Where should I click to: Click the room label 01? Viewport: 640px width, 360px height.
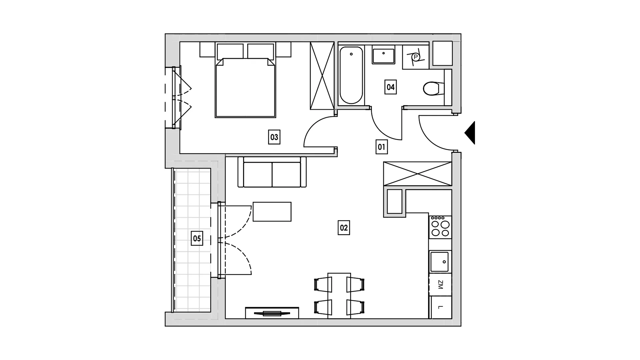coord(382,147)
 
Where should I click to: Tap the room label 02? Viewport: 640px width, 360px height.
coord(344,228)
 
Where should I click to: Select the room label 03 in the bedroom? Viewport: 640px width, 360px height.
coord(274,137)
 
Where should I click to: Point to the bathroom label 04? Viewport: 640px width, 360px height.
coord(390,87)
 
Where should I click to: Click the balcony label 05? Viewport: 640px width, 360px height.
coord(197,239)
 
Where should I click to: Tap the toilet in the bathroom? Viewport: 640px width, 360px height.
coord(434,89)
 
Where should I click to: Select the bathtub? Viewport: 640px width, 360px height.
coord(351,75)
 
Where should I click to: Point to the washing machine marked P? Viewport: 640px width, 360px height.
coord(415,57)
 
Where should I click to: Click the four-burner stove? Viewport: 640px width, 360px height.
coord(440,227)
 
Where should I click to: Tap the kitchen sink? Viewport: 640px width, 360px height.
coord(440,262)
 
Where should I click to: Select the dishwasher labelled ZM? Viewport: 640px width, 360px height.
coord(440,284)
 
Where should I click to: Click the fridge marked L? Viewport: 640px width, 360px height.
coord(440,307)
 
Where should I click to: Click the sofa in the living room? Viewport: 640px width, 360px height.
coord(272,172)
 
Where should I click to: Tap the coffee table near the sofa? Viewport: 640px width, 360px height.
coord(272,212)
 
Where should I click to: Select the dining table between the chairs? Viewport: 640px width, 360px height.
coord(339,296)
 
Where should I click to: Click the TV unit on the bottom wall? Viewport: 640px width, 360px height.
coord(272,313)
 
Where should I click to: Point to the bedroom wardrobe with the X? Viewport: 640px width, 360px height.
coord(322,76)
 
